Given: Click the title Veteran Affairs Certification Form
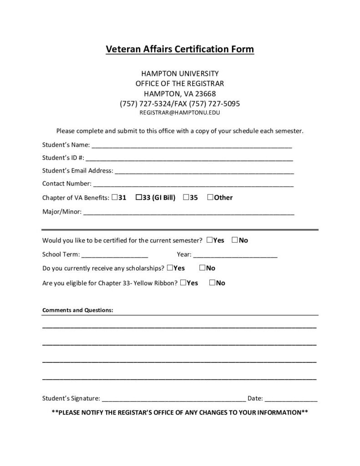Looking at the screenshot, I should pos(180,49).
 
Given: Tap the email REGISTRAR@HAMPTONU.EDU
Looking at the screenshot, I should pos(180,112).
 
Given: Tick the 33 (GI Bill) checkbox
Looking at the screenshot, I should pos(139,197).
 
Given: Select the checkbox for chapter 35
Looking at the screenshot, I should pos(187,197).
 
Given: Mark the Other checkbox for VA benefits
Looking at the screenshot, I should pos(210,197).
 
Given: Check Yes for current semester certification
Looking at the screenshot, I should pos(209,240).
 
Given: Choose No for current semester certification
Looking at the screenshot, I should pos(235,240).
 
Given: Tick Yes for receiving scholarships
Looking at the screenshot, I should pos(170,268).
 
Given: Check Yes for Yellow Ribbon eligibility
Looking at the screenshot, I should pos(183,282).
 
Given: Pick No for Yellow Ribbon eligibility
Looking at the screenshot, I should pos(213,282).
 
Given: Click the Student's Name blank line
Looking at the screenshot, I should pos(192,147).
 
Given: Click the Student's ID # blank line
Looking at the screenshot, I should pos(189,160).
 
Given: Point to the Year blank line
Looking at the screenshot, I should pos(235,255).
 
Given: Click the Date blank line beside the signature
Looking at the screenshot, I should pos(291,400).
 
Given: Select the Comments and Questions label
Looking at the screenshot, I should pos(78,310).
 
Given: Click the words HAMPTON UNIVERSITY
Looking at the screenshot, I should pos(180,73).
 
